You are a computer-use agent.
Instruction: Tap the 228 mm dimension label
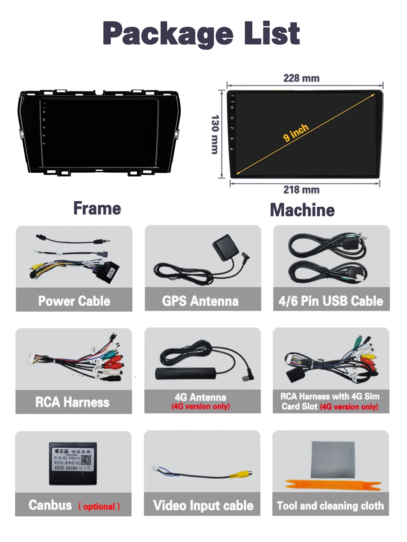coord(301,78)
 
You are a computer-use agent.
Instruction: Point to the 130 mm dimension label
coord(215,134)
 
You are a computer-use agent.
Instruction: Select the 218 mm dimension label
coord(301,190)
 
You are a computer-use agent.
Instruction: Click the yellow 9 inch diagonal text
coord(296,132)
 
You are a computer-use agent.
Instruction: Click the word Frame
coord(97,208)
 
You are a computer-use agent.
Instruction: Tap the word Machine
coord(302,210)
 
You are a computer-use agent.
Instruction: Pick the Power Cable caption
coord(74,301)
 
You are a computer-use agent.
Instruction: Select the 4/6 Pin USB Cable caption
coord(331,301)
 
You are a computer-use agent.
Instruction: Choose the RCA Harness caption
coord(72,402)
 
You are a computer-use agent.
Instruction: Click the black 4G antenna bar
coord(186,373)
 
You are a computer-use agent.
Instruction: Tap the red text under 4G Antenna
coord(201,406)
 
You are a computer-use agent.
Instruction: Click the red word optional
coord(99,507)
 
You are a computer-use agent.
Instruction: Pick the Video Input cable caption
coord(203,505)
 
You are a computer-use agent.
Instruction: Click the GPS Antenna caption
coord(200,301)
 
